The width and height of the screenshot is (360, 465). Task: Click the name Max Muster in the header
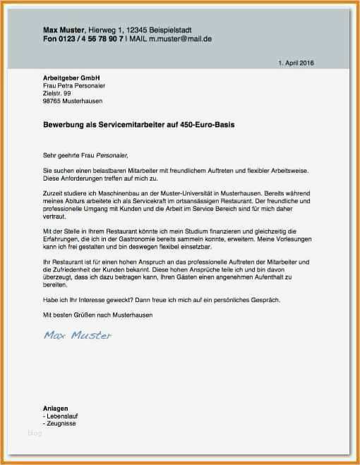pos(64,30)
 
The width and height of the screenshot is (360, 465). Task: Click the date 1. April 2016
pos(296,63)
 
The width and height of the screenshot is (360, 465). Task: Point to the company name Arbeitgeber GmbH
pos(68,78)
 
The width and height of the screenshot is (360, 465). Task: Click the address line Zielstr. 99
pos(57,93)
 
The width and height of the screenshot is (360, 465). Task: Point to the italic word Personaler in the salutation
pos(113,155)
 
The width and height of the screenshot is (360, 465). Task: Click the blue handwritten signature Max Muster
pos(77,335)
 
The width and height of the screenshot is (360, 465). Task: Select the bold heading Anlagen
pos(55,409)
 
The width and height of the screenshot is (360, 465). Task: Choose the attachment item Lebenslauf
pos(61,416)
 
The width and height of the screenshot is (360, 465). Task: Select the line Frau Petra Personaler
pos(74,85)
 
